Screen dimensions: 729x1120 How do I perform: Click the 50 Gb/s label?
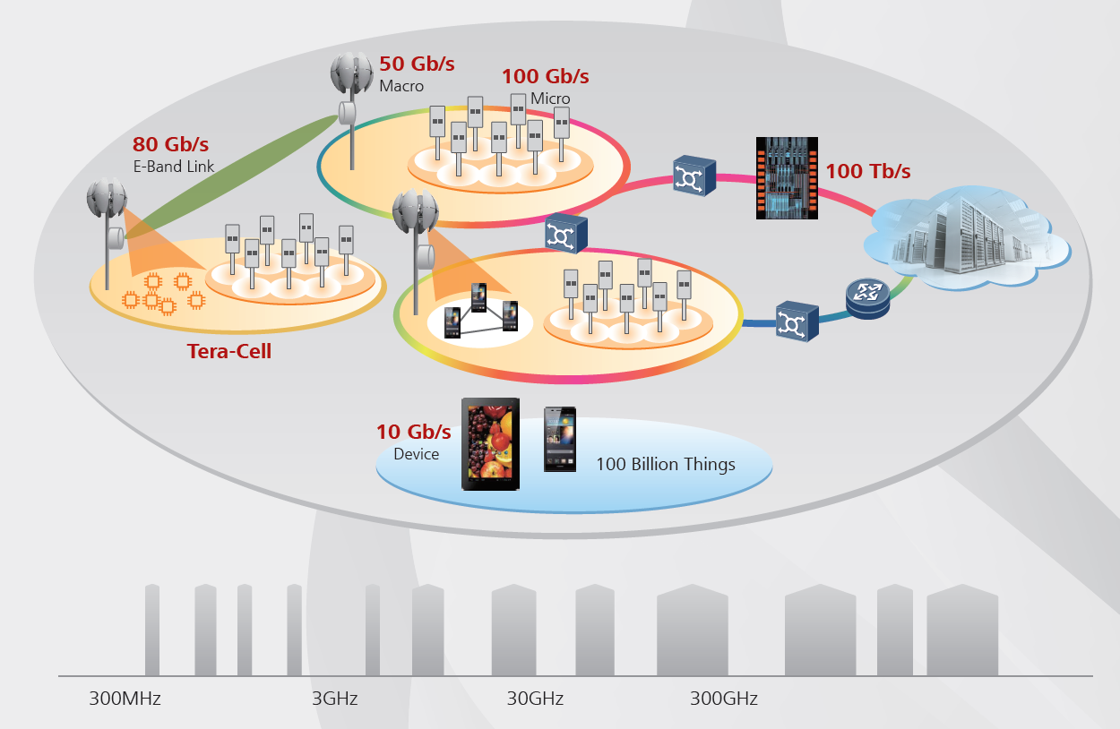[x=417, y=64]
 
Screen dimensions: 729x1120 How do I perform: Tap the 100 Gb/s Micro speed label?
[x=545, y=77]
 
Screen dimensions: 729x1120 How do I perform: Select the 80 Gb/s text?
[x=171, y=144]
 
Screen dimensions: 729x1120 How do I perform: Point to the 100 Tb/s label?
[x=867, y=171]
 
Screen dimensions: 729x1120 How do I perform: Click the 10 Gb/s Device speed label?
[x=413, y=432]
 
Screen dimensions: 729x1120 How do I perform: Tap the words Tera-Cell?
[x=229, y=352]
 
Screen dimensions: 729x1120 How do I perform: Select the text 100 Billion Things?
[x=666, y=464]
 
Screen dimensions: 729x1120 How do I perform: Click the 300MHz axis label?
[x=125, y=699]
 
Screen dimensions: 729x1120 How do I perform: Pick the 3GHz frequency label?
[x=334, y=699]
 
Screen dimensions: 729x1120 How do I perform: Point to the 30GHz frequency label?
[x=535, y=699]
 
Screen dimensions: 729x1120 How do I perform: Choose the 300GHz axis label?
[x=723, y=699]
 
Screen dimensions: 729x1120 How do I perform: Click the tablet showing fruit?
[x=490, y=445]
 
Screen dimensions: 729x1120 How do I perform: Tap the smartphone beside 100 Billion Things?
[x=560, y=439]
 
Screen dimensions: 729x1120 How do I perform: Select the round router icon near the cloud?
[x=867, y=299]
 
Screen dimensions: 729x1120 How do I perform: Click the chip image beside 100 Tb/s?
[x=787, y=178]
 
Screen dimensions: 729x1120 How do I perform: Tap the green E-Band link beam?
[x=233, y=179]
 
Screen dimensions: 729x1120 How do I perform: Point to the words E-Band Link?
[x=174, y=166]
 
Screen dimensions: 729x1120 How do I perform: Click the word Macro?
[x=401, y=86]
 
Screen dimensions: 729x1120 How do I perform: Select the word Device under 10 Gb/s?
[x=417, y=454]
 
